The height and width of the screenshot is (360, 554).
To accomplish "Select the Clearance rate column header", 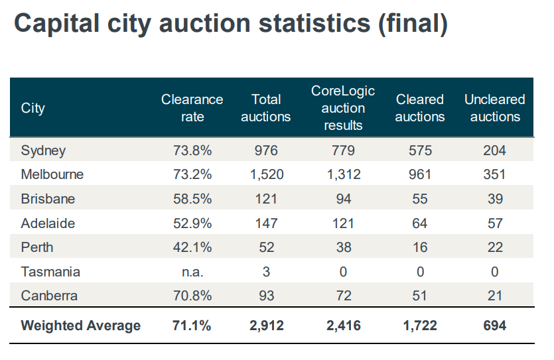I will tap(192, 108).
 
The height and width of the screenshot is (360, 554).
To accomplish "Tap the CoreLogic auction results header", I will tap(343, 108).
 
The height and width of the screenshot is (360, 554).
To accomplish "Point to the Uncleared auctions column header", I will tap(494, 108).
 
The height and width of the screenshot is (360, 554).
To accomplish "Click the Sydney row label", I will tap(44, 150).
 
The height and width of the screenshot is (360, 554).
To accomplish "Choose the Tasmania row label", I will tap(51, 272).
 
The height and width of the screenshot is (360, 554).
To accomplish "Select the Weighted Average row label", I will tap(81, 326).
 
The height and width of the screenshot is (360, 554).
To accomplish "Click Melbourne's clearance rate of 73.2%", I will tap(192, 175).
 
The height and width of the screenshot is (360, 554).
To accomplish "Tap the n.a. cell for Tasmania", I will tap(192, 272).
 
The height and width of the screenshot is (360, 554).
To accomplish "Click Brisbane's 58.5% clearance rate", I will tap(192, 199).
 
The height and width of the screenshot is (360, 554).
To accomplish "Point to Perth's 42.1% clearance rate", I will tap(192, 247).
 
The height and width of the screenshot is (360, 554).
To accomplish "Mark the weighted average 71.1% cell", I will tap(192, 326).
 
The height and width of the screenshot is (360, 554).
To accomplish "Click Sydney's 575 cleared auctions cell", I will tap(419, 150).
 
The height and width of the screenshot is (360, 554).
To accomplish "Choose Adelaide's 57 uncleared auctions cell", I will tap(494, 223).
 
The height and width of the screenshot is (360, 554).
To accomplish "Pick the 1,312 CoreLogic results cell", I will tap(343, 175).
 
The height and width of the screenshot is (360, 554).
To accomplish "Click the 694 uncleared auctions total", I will tap(494, 326).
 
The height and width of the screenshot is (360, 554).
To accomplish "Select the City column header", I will tap(33, 108).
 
